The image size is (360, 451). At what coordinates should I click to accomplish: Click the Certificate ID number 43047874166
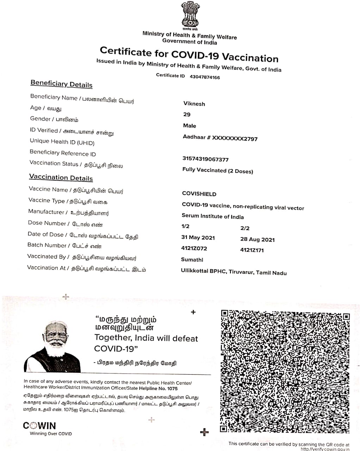pos(205,77)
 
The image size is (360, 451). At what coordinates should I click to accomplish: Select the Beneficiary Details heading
pos(61,84)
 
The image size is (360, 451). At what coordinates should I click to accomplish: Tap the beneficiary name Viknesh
pos(194,104)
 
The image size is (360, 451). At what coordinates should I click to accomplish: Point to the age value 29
pos(187,115)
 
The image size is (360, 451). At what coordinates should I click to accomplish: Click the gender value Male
pos(190,126)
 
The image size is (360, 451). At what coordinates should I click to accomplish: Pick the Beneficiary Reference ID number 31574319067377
pos(205,159)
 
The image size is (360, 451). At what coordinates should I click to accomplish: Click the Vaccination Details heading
pos(61,178)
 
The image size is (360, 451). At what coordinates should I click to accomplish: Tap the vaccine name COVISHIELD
pos(199,194)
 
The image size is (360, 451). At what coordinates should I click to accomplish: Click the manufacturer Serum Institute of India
pos(212,216)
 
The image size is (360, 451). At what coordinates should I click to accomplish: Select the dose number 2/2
pos(245,228)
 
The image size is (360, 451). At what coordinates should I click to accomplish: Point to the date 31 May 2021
pos(198,237)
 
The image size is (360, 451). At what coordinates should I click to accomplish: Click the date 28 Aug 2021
pos(257,239)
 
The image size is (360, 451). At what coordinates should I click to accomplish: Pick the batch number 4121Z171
pos(252,250)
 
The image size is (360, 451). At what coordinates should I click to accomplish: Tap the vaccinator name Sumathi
pos(192,260)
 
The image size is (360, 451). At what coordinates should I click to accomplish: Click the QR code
pos(285,371)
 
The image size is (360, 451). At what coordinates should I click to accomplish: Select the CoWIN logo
pos(39,426)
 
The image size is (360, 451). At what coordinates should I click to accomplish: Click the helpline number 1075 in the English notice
pos(172,388)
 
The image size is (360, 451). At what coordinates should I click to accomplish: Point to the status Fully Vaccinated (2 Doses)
pos(218,171)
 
